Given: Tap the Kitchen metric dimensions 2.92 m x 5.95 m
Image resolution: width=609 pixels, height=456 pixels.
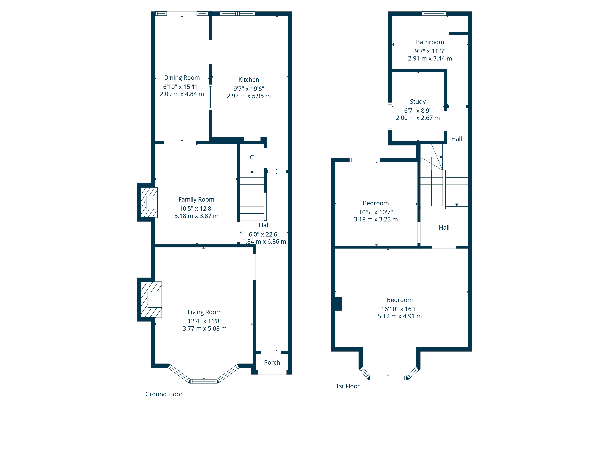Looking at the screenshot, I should coord(249,96).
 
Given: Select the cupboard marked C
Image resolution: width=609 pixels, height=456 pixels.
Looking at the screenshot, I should coord(252,157).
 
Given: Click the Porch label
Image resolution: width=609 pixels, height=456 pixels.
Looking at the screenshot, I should coord(272,363).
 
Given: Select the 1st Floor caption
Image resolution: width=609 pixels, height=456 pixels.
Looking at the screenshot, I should coord(347,386).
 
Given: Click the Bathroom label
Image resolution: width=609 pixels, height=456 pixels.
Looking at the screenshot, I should coord(430,42).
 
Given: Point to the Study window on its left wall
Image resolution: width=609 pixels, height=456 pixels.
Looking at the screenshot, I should coord(390,116).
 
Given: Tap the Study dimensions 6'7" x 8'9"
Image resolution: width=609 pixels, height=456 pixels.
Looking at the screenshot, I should coord(418,111).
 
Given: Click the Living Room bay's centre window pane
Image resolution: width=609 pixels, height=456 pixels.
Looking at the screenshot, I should coord(204,381).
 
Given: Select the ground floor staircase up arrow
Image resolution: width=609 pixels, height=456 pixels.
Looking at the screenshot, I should coord(252,172).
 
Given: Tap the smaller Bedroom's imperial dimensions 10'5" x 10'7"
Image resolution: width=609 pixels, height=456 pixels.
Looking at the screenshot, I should coord(376,212).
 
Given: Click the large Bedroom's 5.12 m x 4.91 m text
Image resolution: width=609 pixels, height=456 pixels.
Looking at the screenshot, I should coord(400,316).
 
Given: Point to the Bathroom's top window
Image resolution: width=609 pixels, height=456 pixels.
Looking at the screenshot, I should coord(434,14).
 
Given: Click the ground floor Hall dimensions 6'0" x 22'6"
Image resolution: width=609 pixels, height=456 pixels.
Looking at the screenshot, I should coord(264,234).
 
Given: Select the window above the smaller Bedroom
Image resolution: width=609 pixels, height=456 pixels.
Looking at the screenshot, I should coord(364,160).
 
